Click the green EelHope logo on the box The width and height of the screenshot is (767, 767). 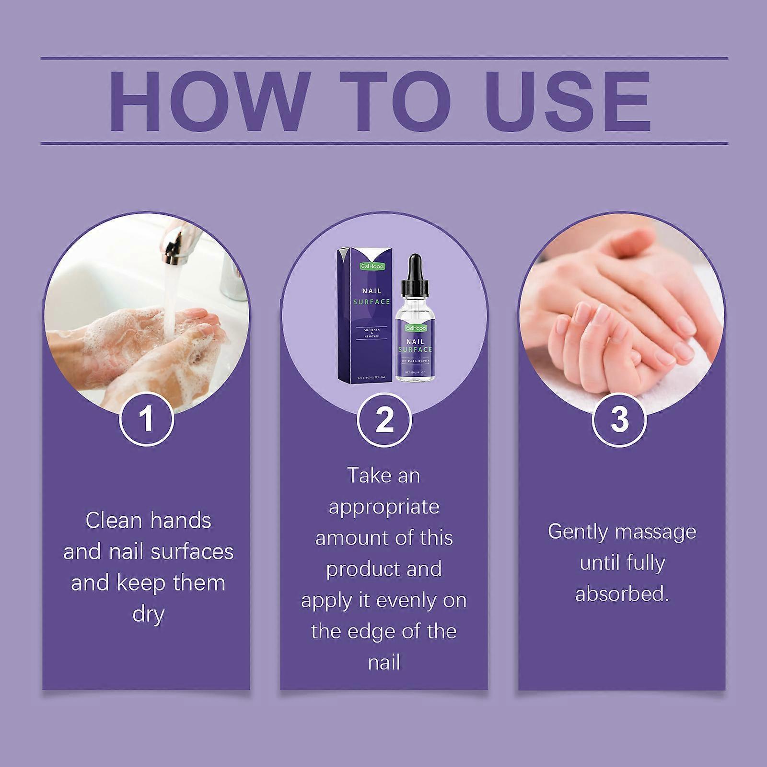click(372, 265)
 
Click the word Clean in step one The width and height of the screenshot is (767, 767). click(114, 521)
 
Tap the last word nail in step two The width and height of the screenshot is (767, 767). click(384, 663)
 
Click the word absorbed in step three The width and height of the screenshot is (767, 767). click(621, 594)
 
